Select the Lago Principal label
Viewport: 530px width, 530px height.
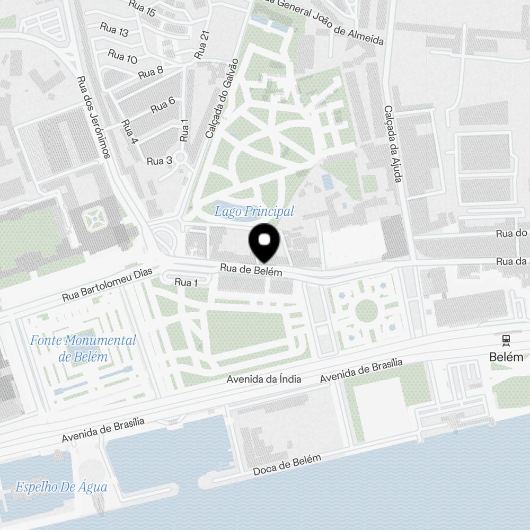(x=254, y=211)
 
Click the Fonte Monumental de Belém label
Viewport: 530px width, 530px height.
(x=83, y=348)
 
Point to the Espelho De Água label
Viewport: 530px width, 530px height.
(x=61, y=487)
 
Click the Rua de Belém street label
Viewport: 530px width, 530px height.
(x=251, y=270)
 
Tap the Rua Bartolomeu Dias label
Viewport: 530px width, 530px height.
(x=107, y=285)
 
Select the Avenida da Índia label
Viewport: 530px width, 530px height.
(x=264, y=379)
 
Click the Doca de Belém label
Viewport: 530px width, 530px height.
(x=287, y=465)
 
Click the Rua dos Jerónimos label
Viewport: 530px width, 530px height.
(x=93, y=117)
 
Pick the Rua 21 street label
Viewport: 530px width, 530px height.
(x=202, y=45)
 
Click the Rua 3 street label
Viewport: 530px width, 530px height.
(x=160, y=161)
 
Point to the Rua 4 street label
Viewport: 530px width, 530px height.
(x=129, y=132)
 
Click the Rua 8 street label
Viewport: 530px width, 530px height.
(x=151, y=72)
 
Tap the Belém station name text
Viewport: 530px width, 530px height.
(x=506, y=357)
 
